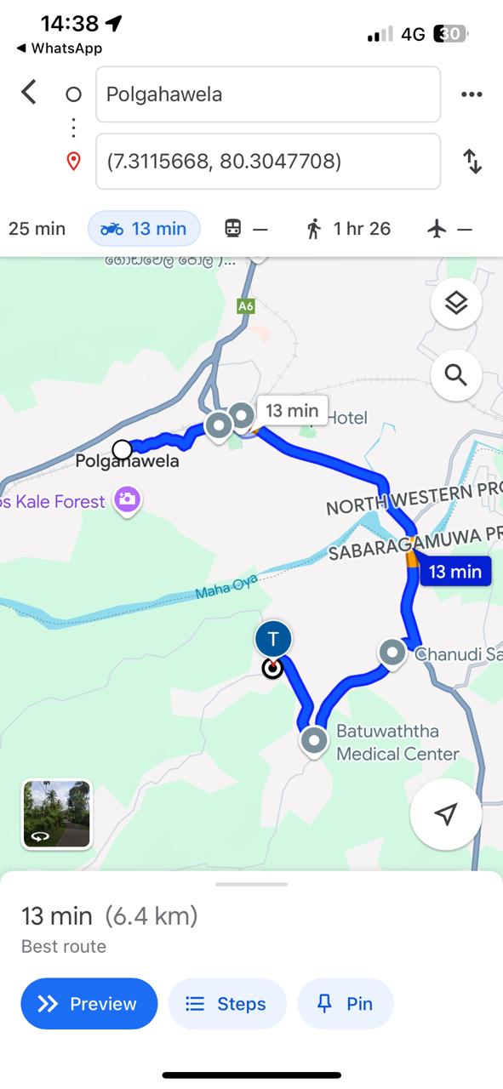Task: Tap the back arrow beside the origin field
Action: click(x=29, y=92)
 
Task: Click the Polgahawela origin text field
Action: click(x=268, y=94)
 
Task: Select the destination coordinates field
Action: click(x=268, y=161)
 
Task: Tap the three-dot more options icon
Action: click(x=472, y=94)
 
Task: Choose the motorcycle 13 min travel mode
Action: click(x=144, y=228)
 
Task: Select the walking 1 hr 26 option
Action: click(x=348, y=228)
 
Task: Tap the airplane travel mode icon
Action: click(x=449, y=228)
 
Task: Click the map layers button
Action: click(x=456, y=303)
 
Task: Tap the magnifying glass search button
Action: click(x=456, y=374)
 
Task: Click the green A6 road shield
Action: click(x=245, y=305)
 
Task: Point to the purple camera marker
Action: click(x=127, y=500)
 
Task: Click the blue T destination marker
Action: click(x=273, y=639)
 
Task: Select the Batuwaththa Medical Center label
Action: click(x=397, y=742)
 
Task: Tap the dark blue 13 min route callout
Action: click(x=454, y=572)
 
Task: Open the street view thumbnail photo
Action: click(x=56, y=814)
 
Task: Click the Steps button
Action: click(x=227, y=1004)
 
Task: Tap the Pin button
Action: click(x=346, y=1004)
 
